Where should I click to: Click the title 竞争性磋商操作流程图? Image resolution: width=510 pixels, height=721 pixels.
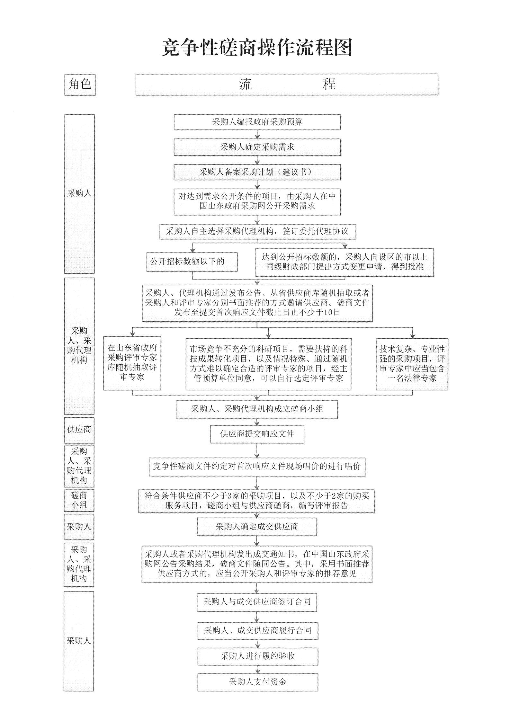[257, 48]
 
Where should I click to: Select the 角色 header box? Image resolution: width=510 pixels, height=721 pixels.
[80, 85]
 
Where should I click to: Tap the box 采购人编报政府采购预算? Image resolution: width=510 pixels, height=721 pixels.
[257, 122]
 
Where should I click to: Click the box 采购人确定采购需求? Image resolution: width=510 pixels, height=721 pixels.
[257, 147]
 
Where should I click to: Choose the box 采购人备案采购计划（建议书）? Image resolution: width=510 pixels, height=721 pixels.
[257, 172]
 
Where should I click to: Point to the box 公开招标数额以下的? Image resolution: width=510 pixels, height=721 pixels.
[192, 262]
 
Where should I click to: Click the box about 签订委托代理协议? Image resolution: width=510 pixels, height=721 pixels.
[257, 231]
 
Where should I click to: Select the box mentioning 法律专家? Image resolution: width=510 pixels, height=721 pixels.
[412, 364]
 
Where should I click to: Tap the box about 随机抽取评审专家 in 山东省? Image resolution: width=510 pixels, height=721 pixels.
[132, 363]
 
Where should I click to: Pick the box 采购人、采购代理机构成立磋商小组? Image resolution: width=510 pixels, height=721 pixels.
[257, 409]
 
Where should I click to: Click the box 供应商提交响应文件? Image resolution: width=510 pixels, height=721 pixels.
[257, 434]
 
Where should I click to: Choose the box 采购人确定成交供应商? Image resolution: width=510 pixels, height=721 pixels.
[257, 527]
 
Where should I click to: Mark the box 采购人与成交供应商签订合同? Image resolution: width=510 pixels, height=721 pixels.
[257, 602]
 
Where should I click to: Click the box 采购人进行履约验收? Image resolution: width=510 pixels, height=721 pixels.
[258, 656]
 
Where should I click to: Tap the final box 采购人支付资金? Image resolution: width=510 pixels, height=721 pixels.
[258, 682]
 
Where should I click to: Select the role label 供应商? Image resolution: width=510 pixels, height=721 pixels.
[79, 430]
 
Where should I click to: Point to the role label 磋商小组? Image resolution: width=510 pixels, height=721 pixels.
[79, 500]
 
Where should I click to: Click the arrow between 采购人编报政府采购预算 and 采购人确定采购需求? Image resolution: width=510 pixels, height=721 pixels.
[257, 135]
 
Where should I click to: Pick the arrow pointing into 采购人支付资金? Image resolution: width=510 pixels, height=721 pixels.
[257, 670]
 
